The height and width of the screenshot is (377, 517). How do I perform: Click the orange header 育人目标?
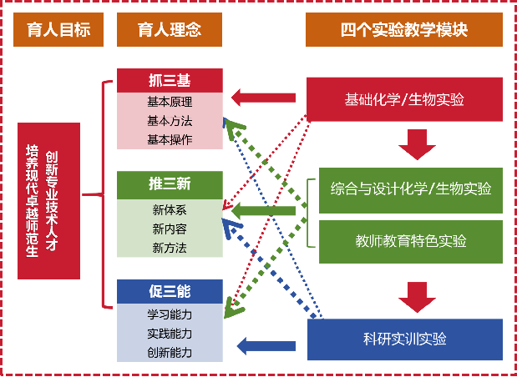58,31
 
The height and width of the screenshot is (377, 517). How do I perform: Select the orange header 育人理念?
170,31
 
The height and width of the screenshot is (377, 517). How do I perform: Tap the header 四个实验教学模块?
404,31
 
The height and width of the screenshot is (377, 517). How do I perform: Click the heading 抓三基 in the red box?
170,81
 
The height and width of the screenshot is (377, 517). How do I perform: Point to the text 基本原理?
170,102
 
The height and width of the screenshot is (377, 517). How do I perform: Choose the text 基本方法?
170,121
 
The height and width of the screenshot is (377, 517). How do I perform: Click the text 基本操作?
170,139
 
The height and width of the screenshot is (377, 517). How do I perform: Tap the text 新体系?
170,207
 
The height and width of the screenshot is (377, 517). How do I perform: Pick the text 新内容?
170,228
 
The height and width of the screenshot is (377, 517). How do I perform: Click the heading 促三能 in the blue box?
170,292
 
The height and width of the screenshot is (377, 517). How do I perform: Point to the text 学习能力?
170,314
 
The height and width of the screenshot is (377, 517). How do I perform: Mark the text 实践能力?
170,334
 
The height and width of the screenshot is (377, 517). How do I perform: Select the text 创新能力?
170,353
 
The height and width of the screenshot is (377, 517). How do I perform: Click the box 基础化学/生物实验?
404,100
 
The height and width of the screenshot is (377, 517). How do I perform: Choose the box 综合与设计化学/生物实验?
410,188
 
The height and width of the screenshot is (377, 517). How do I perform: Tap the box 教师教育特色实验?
410,241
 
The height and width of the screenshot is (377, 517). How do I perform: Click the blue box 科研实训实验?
404,339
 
